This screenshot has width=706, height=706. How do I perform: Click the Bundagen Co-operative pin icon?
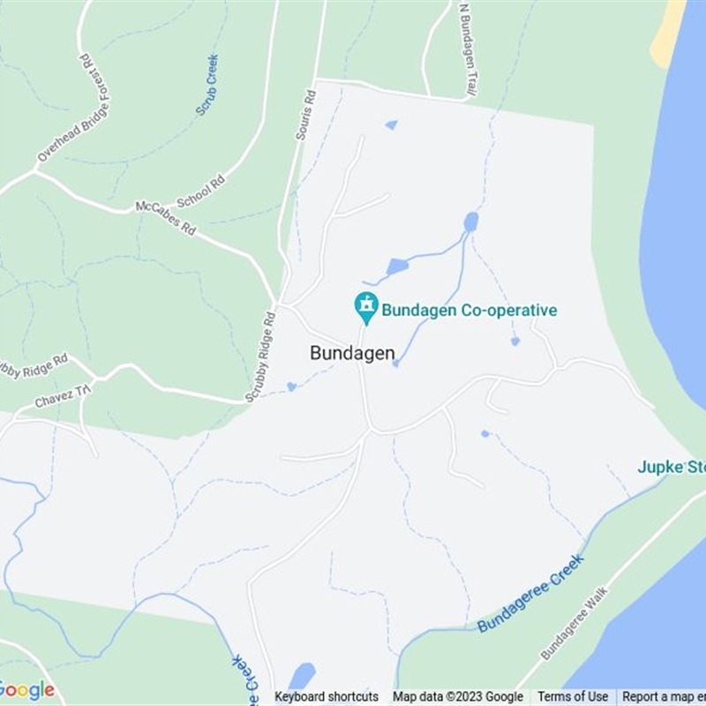(x=365, y=307)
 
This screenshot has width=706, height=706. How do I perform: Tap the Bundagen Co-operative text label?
(x=469, y=311)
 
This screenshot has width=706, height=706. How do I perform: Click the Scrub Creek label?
(x=207, y=86)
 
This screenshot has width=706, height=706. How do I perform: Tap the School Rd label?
(x=201, y=191)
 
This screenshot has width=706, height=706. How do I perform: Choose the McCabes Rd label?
(x=165, y=217)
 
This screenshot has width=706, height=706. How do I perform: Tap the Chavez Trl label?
(x=62, y=396)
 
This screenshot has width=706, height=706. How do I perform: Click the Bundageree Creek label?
(x=530, y=594)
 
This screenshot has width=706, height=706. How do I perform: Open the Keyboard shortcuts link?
(x=327, y=697)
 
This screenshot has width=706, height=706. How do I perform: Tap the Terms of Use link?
(x=573, y=697)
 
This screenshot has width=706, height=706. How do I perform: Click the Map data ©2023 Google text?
(x=458, y=697)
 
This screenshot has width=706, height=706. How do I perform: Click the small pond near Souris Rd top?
(x=391, y=125)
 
